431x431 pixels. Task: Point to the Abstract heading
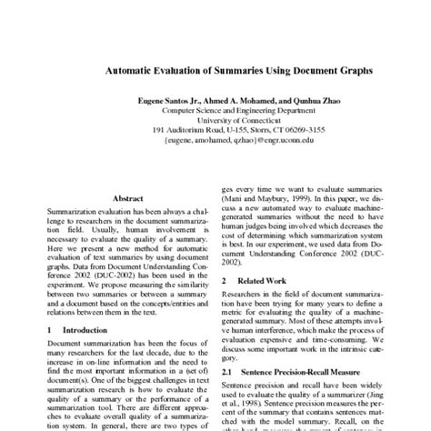click(x=127, y=197)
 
